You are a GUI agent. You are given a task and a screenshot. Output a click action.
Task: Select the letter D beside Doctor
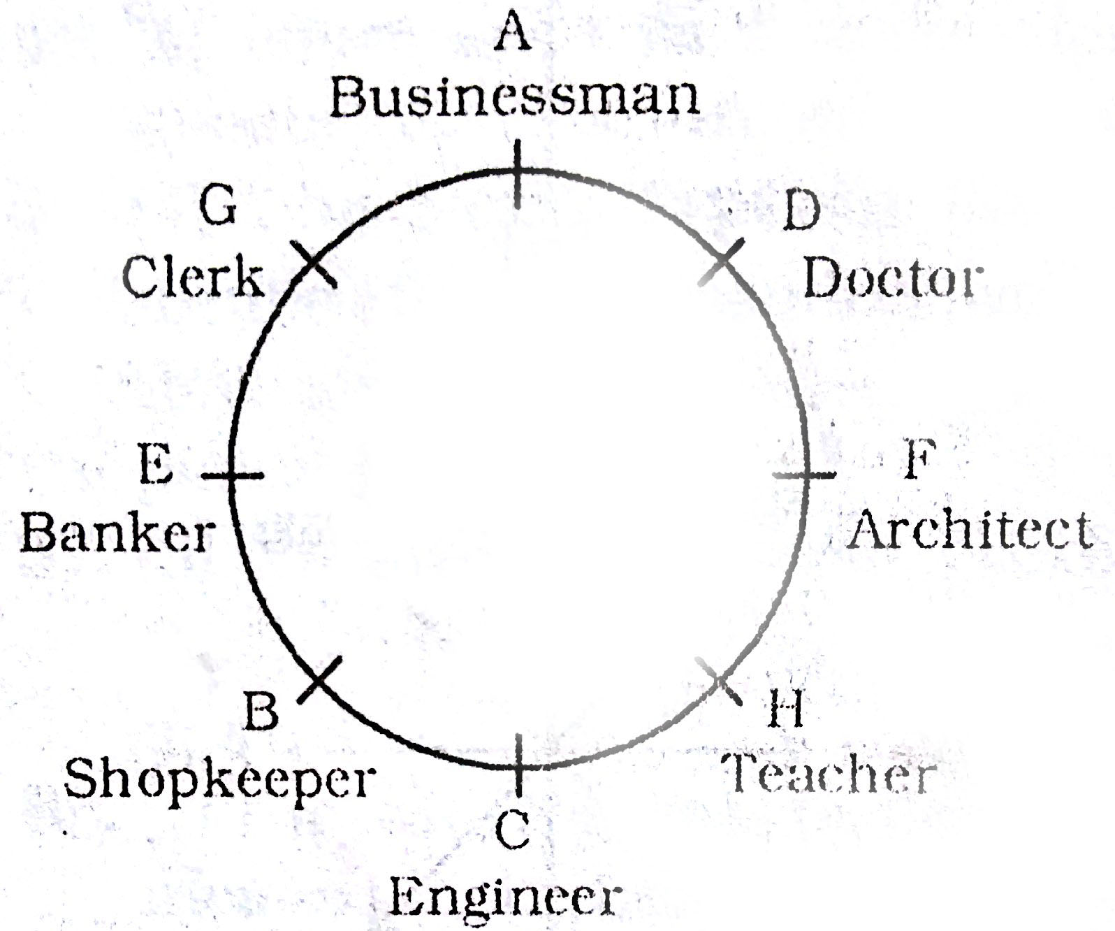tap(801, 212)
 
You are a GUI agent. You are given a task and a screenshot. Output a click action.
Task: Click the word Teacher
tap(829, 774)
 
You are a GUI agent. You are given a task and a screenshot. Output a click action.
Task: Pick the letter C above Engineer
tap(513, 830)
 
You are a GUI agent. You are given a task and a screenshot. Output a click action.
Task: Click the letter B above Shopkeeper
tap(262, 711)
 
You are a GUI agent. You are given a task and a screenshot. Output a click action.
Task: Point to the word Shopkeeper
tap(220, 779)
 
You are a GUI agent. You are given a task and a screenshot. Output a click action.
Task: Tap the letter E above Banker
tap(156, 464)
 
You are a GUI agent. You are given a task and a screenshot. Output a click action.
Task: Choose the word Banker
tap(117, 534)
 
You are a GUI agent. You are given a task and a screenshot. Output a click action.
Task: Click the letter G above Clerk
tap(218, 206)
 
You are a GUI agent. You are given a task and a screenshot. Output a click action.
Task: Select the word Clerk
tap(194, 277)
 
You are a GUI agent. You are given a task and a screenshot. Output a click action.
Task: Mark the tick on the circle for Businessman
tap(517, 174)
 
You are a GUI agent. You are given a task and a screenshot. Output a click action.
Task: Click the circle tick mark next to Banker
tap(233, 475)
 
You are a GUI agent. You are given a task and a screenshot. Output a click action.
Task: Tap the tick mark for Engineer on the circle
tap(518, 765)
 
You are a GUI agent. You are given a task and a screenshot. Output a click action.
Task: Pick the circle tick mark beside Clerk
tap(312, 264)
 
